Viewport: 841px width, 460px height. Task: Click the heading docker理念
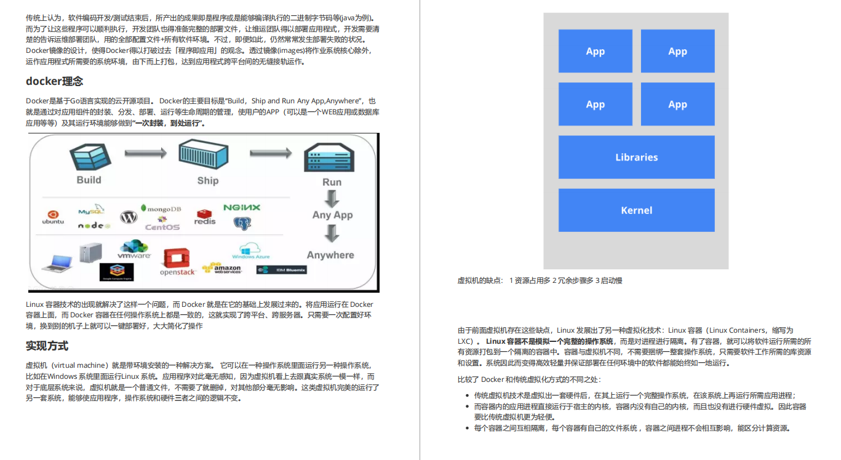(54, 81)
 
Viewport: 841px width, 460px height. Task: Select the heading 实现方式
(47, 346)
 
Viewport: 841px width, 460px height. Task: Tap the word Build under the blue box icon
(89, 180)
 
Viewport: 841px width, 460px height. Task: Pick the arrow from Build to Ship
(146, 153)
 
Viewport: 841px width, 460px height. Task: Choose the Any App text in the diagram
(332, 215)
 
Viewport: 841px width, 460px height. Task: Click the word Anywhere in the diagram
(330, 255)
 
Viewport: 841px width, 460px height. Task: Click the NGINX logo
(242, 208)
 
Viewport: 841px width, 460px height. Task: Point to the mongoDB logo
(161, 209)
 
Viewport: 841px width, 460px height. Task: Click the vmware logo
(134, 250)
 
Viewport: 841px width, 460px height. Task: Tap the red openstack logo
(177, 263)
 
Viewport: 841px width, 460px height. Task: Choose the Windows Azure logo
(251, 251)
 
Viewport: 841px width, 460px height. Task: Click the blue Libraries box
(636, 157)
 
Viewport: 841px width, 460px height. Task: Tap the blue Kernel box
(636, 210)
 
